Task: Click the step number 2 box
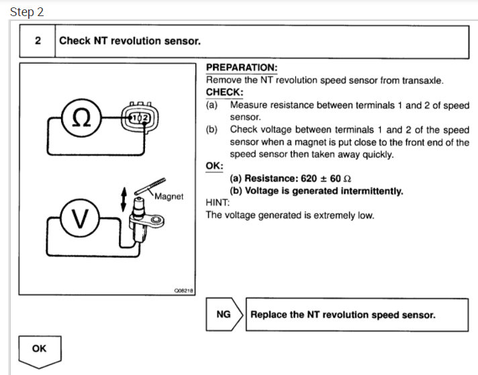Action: pyautogui.click(x=38, y=41)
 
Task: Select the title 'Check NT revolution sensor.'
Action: pyautogui.click(x=130, y=41)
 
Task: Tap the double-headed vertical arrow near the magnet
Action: pyautogui.click(x=123, y=198)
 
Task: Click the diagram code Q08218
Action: pyautogui.click(x=183, y=290)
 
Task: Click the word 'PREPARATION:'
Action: pyautogui.click(x=241, y=68)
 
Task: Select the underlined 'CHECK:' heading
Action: pyautogui.click(x=224, y=93)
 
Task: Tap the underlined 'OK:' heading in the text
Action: pyautogui.click(x=213, y=166)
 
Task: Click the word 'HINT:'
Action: pyautogui.click(x=218, y=203)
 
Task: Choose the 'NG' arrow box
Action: pyautogui.click(x=224, y=315)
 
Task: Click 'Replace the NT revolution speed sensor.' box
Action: pyautogui.click(x=343, y=315)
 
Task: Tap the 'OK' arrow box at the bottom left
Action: pyautogui.click(x=39, y=350)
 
